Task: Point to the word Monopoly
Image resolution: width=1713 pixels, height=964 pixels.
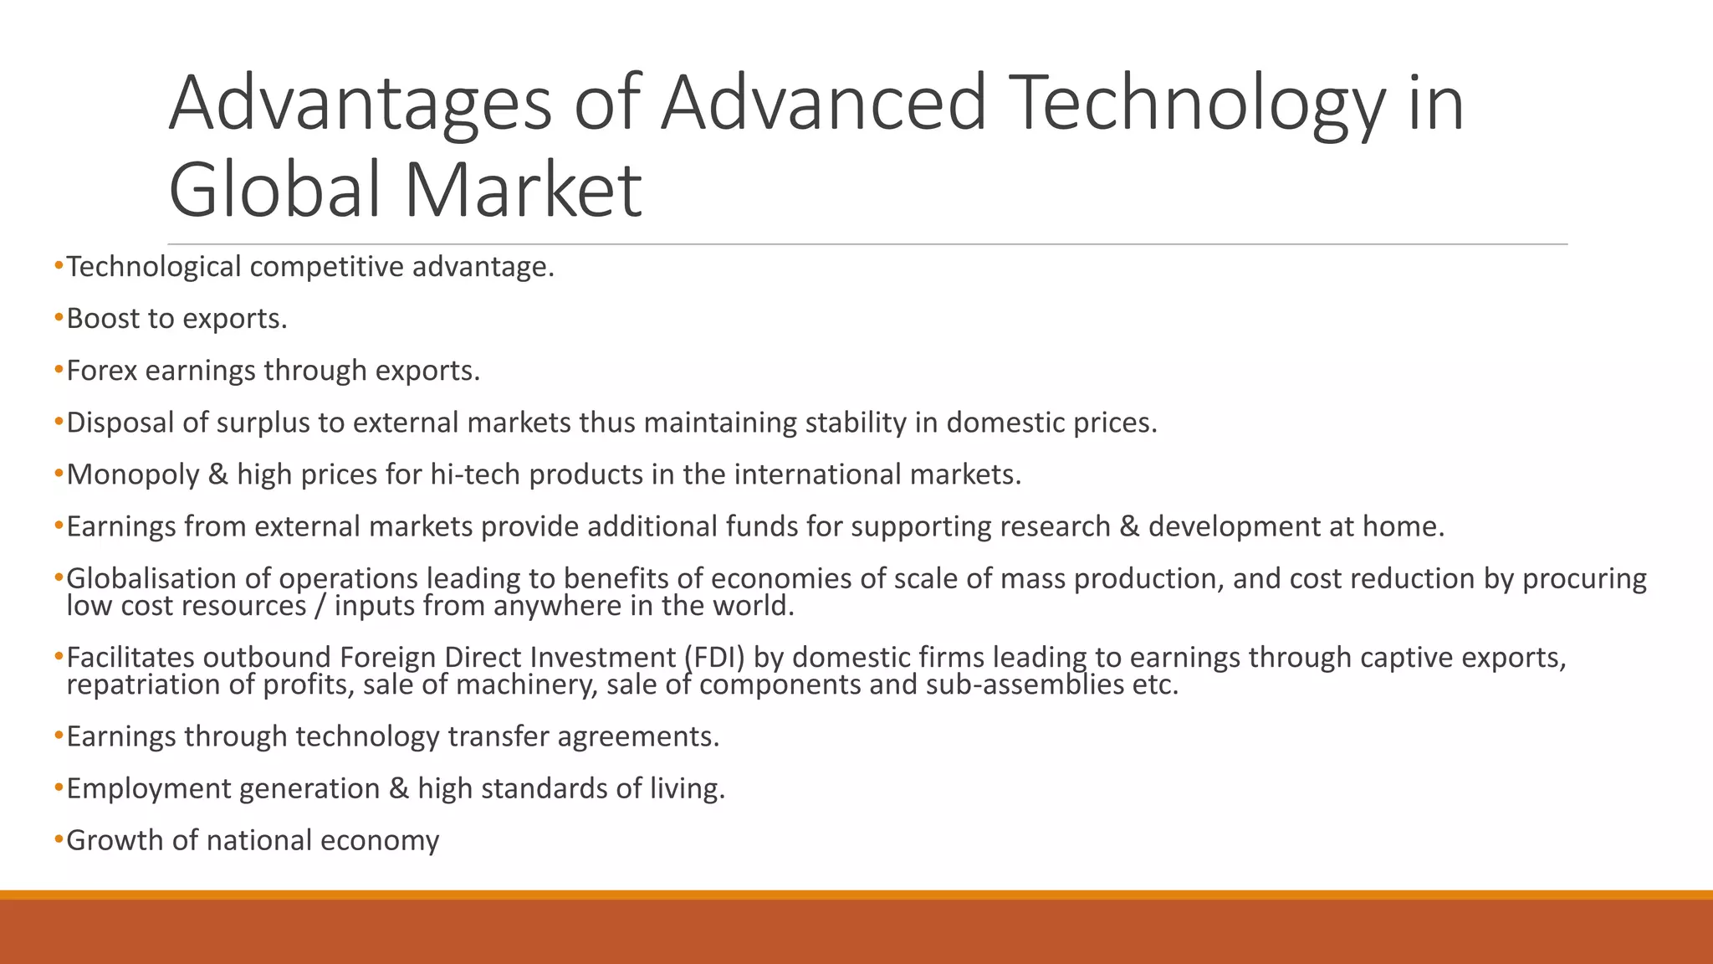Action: [x=133, y=475]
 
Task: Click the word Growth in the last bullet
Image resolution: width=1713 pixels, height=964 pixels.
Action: [x=115, y=841]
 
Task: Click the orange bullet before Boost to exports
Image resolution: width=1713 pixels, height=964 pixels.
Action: [x=59, y=319]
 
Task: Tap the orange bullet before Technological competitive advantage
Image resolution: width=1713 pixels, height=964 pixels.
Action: [x=59, y=267]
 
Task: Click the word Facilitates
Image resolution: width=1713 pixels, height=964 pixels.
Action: [x=129, y=658]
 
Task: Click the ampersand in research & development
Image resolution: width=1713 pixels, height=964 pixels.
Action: [x=1129, y=527]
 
